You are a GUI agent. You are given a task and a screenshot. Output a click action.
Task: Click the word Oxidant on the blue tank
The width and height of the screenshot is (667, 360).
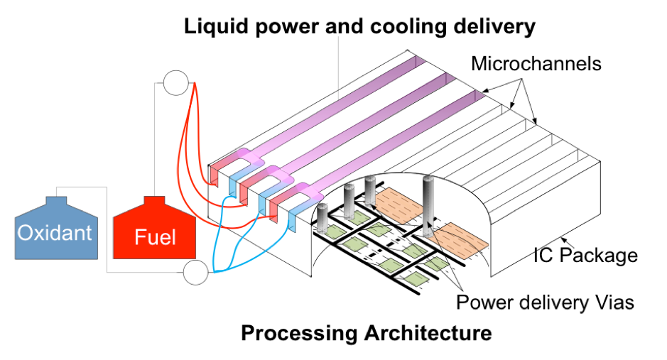(55, 233)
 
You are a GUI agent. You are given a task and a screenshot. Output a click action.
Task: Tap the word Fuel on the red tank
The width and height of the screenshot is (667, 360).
(154, 236)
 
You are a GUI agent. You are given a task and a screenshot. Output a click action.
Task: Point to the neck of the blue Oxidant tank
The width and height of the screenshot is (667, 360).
(56, 201)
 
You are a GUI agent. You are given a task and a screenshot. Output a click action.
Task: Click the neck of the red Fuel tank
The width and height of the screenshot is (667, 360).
(154, 202)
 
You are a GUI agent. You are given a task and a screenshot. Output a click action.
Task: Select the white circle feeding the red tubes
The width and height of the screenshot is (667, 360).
(175, 83)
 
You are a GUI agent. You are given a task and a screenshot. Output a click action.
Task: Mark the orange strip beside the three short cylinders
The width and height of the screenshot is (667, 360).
(402, 203)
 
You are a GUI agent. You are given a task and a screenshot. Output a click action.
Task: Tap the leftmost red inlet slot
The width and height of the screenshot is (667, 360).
(214, 175)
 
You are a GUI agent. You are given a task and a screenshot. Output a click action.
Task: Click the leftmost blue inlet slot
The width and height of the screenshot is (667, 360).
(232, 183)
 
